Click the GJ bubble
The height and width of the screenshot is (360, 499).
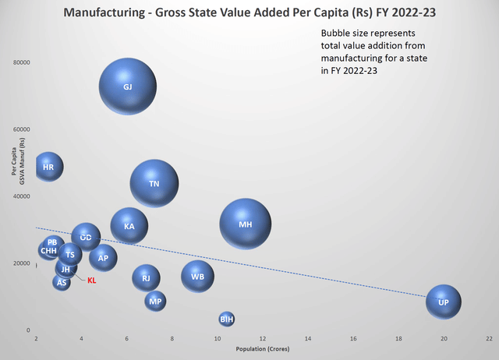tap(128, 86)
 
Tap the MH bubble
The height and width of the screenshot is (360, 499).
tap(246, 224)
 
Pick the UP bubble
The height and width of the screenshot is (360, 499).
tap(444, 302)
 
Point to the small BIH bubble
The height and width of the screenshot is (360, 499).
tap(226, 319)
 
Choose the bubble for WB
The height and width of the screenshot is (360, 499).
tap(198, 276)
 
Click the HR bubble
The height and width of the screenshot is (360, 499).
tap(48, 166)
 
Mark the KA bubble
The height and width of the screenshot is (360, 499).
tap(129, 226)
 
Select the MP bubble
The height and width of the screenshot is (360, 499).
tap(155, 301)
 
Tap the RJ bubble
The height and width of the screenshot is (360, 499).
tap(146, 277)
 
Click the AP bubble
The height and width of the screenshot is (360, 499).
tap(103, 257)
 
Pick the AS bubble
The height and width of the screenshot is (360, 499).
tap(62, 282)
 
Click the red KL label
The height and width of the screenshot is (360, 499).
tap(91, 281)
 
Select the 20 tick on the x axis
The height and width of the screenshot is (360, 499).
tap(444, 340)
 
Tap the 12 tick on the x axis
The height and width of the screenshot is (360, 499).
tap(262, 340)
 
